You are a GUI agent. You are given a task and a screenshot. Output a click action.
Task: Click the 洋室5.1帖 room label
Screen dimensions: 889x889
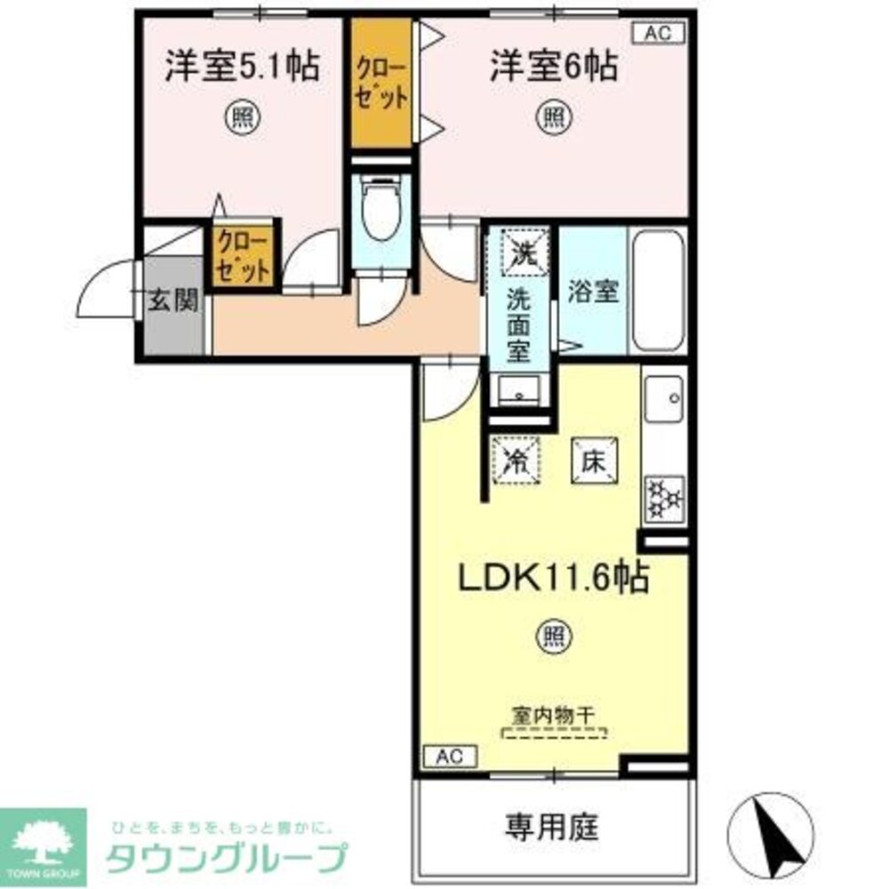click(x=242, y=68)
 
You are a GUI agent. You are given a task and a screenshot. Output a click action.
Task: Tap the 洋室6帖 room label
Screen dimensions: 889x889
click(x=554, y=68)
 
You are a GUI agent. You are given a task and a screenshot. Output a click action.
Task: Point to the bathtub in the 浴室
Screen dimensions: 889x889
click(x=658, y=290)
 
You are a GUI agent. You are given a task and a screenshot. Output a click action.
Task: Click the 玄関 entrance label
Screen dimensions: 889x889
click(x=172, y=302)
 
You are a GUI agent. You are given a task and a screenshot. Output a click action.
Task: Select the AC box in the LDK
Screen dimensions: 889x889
click(x=449, y=757)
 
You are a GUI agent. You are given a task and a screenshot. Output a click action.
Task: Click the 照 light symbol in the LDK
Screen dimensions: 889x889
click(x=553, y=637)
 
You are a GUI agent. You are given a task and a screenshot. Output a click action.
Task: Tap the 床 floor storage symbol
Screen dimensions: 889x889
click(x=595, y=461)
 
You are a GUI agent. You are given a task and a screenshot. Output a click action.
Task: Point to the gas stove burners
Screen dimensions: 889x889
click(x=663, y=498)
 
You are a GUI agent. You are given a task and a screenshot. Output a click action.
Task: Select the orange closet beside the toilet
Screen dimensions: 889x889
click(x=381, y=84)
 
